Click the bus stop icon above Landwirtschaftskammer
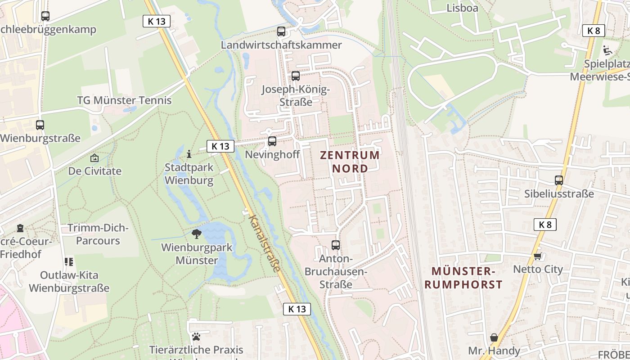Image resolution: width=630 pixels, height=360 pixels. coord(281,31)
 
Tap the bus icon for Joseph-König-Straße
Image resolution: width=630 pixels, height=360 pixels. coord(296,76)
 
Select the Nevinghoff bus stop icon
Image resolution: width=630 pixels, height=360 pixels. coord(272,141)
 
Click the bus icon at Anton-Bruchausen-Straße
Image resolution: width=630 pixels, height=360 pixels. coord(336,245)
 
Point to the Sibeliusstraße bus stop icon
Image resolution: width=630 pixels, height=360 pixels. coord(559,180)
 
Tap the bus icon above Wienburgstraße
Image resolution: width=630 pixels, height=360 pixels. coord(40,125)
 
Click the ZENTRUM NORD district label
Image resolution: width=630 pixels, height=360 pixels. coord(350,162)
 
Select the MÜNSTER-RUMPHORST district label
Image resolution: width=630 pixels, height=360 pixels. coord(463,278)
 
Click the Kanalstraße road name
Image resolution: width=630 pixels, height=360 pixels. coord(265,243)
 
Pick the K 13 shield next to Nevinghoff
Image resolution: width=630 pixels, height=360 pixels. coord(220,146)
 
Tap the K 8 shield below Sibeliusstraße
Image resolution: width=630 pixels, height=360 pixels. coord(545,225)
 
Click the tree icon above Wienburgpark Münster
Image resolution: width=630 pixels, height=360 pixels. coord(196,234)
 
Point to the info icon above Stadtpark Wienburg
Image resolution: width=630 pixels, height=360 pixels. coord(189,154)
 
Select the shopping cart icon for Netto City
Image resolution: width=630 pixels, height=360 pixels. coord(538,256)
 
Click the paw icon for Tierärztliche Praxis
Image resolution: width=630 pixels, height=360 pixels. coord(196,337)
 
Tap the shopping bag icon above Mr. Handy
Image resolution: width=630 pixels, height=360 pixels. coord(494,337)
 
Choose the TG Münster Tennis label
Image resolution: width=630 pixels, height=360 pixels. coord(124,100)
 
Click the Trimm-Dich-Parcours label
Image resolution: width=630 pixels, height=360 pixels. coord(98,234)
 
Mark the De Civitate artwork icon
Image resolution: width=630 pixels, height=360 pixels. coord(94,158)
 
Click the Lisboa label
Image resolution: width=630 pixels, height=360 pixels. coord(462,8)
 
